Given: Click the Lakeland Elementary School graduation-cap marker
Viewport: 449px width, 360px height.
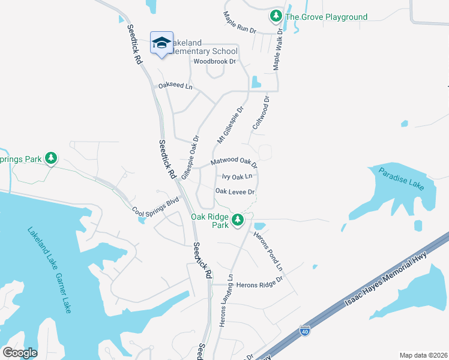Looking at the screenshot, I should point(161,43).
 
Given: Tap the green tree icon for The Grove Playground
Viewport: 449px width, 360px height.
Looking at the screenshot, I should point(276,16).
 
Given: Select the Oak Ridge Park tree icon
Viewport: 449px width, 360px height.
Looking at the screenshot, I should point(238,220).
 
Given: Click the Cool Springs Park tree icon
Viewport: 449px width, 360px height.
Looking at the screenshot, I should point(52,158).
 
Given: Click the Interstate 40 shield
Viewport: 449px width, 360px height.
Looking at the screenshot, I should point(305,329).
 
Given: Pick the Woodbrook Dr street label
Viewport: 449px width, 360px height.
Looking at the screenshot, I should point(215,61).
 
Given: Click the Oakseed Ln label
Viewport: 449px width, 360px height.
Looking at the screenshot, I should point(175,86).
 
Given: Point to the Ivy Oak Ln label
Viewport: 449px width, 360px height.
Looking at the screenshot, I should point(237,177).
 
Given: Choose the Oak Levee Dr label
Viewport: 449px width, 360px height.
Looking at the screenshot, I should point(236,192).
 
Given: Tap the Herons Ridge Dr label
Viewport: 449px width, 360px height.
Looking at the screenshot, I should point(259,285).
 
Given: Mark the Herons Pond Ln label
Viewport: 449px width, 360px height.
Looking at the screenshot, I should point(271,248).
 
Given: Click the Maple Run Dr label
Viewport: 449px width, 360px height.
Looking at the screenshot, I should point(240,23).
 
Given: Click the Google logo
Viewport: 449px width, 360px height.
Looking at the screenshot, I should point(20,353).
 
